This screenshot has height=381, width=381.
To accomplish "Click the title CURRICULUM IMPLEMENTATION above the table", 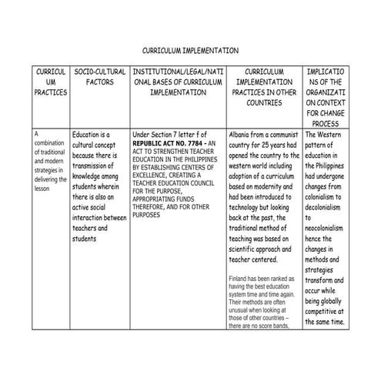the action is point(190,50).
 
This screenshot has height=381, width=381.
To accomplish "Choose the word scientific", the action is point(248,249).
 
